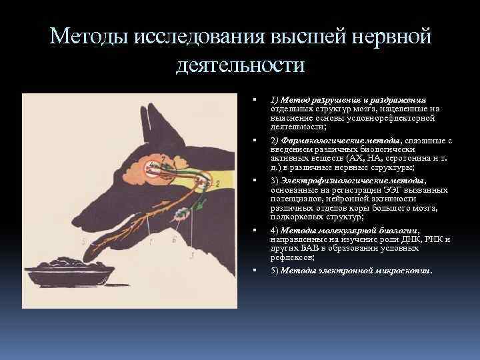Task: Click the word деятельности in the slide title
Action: pyautogui.click(x=240, y=65)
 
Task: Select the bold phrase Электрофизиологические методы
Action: pyautogui.click(x=353, y=181)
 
